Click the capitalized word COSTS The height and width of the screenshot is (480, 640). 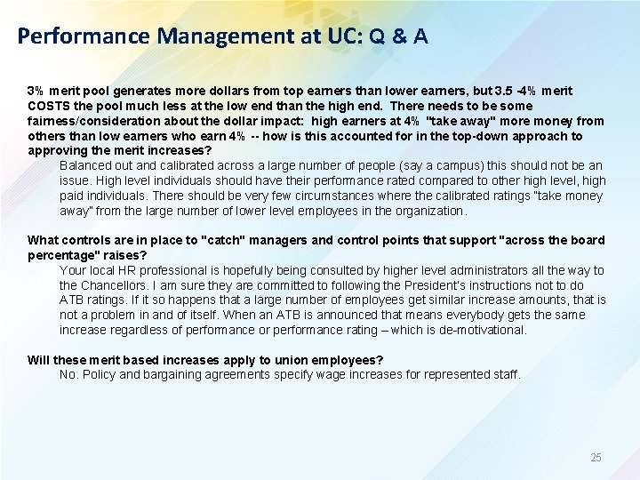(49, 106)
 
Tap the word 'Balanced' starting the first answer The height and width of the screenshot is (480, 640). (85, 166)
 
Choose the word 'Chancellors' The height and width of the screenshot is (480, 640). (120, 285)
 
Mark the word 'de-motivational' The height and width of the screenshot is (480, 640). (482, 330)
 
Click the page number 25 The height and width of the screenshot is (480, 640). (596, 458)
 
